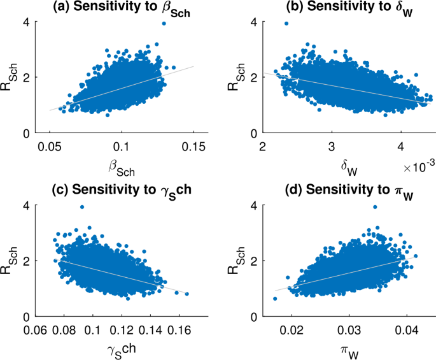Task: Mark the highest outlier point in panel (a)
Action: pos(164,23)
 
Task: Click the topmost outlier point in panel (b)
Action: pos(286,23)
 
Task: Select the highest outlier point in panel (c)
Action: pos(81,207)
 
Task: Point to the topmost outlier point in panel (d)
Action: pos(376,207)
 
